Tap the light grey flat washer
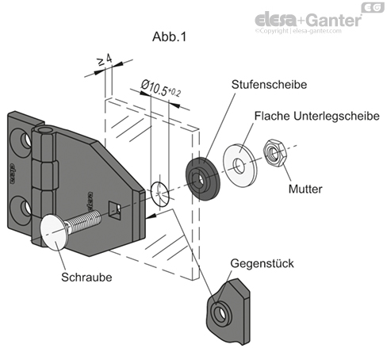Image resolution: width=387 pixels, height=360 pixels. pos(238,157)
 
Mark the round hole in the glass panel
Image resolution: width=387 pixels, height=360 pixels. pos(159,191)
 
